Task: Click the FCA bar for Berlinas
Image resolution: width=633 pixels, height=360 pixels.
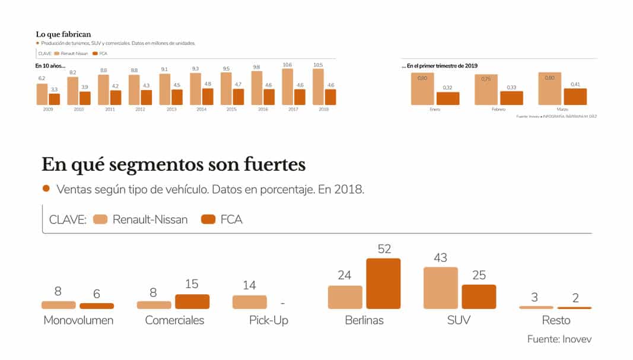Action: click(383, 283)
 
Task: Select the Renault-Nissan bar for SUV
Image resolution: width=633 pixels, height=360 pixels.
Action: click(440, 288)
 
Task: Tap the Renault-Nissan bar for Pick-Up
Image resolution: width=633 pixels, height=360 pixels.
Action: click(249, 302)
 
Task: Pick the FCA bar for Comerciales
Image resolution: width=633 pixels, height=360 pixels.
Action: click(192, 301)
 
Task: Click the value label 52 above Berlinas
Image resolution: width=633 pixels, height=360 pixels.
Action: click(384, 249)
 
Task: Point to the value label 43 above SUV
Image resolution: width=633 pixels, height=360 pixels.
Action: click(440, 258)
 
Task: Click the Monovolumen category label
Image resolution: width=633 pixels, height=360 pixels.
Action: click(78, 320)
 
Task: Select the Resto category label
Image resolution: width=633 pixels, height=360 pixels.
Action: click(556, 320)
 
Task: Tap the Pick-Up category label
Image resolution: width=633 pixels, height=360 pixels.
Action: click(269, 320)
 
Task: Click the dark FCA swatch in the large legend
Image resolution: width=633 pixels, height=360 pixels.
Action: click(208, 219)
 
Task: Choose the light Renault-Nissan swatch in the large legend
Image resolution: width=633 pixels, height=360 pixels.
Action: click(100, 219)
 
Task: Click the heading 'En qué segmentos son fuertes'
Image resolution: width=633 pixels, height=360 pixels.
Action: click(174, 164)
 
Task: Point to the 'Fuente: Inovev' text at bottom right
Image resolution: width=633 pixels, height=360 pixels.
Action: click(559, 339)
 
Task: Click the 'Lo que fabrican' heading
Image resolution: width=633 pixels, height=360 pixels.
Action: click(63, 34)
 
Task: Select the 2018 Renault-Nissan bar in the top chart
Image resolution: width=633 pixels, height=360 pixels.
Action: click(318, 87)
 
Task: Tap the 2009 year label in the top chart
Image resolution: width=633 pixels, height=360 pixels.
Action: click(42, 110)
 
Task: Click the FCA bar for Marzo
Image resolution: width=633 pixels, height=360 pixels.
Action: click(575, 97)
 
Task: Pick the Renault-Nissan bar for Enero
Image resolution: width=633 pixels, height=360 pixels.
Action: click(422, 89)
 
